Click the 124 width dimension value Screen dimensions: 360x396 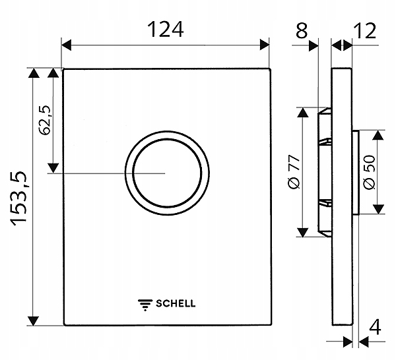click(x=164, y=30)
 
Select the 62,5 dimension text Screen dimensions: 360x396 click(x=46, y=119)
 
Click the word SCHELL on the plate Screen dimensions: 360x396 click(x=175, y=304)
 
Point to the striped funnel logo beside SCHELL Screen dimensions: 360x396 click(x=145, y=304)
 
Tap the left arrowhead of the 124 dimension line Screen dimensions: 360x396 click(x=67, y=45)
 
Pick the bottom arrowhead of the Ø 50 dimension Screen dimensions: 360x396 click(x=379, y=209)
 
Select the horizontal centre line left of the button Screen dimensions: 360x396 click(x=92, y=173)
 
